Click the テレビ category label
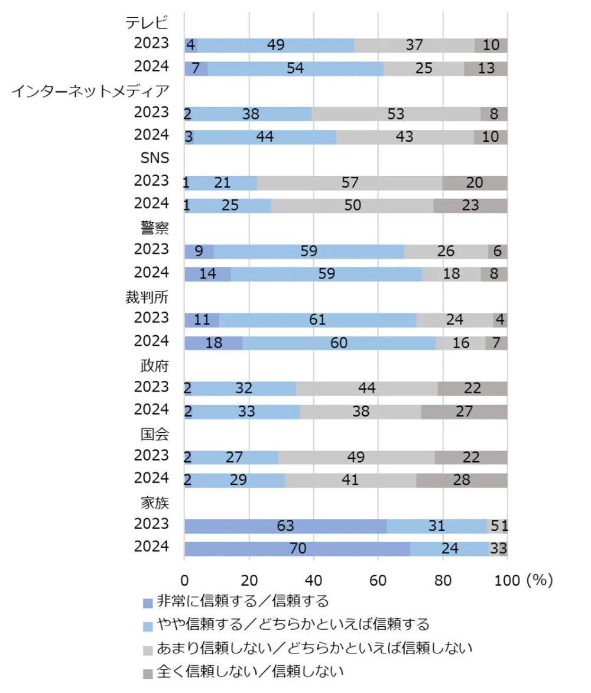pyautogui.click(x=147, y=23)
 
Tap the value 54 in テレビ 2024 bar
pyautogui.click(x=295, y=69)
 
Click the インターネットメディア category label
pyautogui.click(x=90, y=91)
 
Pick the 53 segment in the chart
pyautogui.click(x=396, y=114)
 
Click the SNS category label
pyautogui.click(x=154, y=160)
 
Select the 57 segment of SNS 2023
pyautogui.click(x=349, y=183)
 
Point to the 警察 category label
pyautogui.click(x=155, y=228)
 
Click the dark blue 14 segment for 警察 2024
pyautogui.click(x=207, y=274)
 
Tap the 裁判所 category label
pyautogui.click(x=147, y=297)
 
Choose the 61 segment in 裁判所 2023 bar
pyautogui.click(x=317, y=320)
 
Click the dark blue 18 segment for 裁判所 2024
pyautogui.click(x=213, y=343)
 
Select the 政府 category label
pyautogui.click(x=155, y=365)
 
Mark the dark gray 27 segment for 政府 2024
pyautogui.click(x=464, y=412)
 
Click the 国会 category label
pyautogui.click(x=155, y=434)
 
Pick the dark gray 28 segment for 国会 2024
pyautogui.click(x=462, y=480)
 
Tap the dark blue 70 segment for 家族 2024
pyautogui.click(x=297, y=549)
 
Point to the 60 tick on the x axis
pyautogui.click(x=378, y=580)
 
